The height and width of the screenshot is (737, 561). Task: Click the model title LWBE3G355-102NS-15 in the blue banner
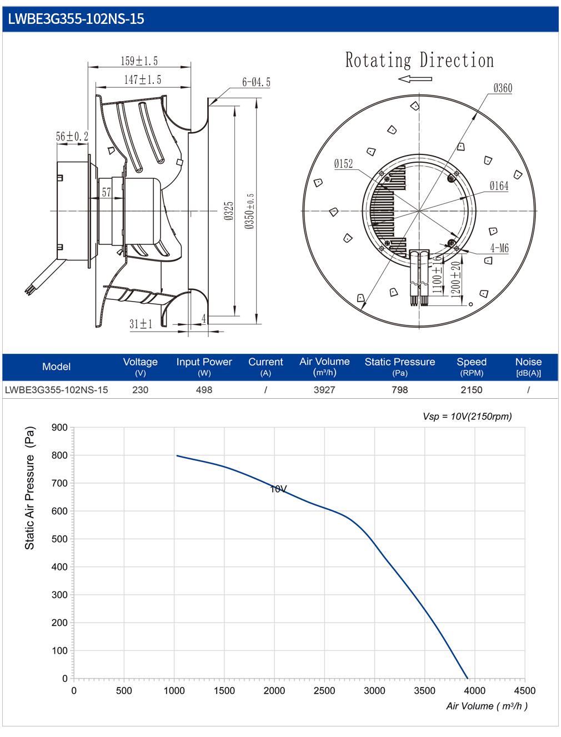[x=76, y=19]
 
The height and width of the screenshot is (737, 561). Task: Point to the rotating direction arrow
[x=414, y=79]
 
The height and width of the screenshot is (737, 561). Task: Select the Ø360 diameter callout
[x=503, y=88]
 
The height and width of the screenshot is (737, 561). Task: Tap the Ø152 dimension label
[x=343, y=164]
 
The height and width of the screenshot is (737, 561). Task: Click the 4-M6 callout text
[x=499, y=248]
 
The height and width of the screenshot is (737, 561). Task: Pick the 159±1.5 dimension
[x=139, y=61]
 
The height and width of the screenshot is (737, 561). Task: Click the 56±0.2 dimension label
[x=72, y=136]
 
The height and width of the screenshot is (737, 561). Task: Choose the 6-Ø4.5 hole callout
[x=256, y=82]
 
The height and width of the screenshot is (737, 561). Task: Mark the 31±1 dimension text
[x=141, y=324]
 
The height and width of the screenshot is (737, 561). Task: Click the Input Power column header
[x=204, y=362]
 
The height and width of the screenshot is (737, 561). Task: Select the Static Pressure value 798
[x=399, y=390]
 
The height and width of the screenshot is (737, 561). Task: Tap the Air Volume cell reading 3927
[x=324, y=390]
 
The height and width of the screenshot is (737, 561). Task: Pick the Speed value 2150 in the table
[x=472, y=390]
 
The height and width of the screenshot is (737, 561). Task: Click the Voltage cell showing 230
[x=140, y=390]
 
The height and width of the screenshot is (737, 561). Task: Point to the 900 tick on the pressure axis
[x=59, y=428]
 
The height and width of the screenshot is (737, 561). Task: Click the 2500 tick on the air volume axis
[x=324, y=691]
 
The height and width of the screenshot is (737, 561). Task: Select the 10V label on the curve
[x=278, y=489]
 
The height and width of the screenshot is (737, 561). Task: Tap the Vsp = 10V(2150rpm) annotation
[x=467, y=417]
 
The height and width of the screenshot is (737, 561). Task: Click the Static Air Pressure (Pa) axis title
[x=29, y=488]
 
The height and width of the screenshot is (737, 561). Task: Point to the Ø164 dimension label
[x=499, y=185]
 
